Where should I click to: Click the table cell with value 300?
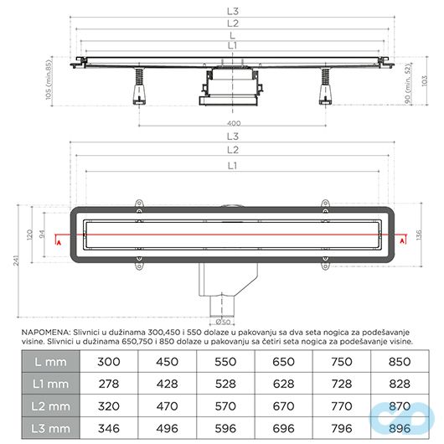(x=109, y=361)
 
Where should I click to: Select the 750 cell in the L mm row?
(x=340, y=361)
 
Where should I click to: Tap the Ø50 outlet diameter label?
(x=223, y=322)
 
